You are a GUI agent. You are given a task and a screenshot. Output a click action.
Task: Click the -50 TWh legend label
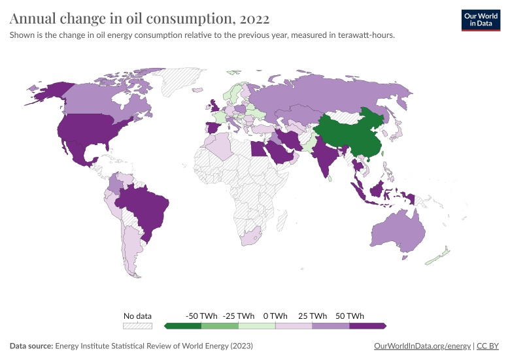[x=201, y=316]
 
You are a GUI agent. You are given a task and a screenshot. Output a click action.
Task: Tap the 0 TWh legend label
[x=275, y=316]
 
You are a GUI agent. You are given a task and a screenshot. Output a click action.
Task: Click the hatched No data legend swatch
[x=138, y=325]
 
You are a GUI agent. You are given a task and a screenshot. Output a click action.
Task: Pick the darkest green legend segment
[x=183, y=325]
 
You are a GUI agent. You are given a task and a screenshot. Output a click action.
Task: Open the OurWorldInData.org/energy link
[x=422, y=346]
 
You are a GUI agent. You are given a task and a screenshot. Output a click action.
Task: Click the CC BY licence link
[x=488, y=346]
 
